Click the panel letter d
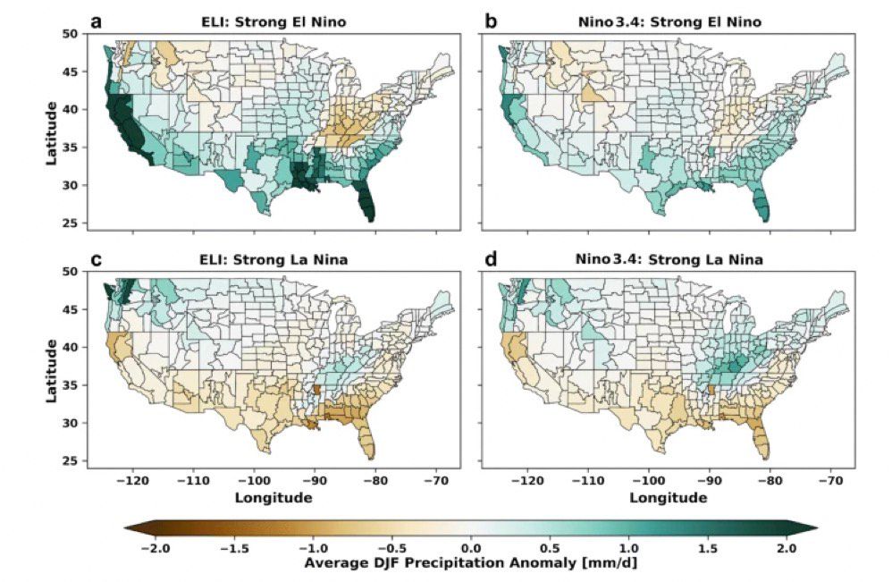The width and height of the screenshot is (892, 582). [x=489, y=260]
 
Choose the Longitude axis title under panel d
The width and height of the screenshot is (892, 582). [x=666, y=497]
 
